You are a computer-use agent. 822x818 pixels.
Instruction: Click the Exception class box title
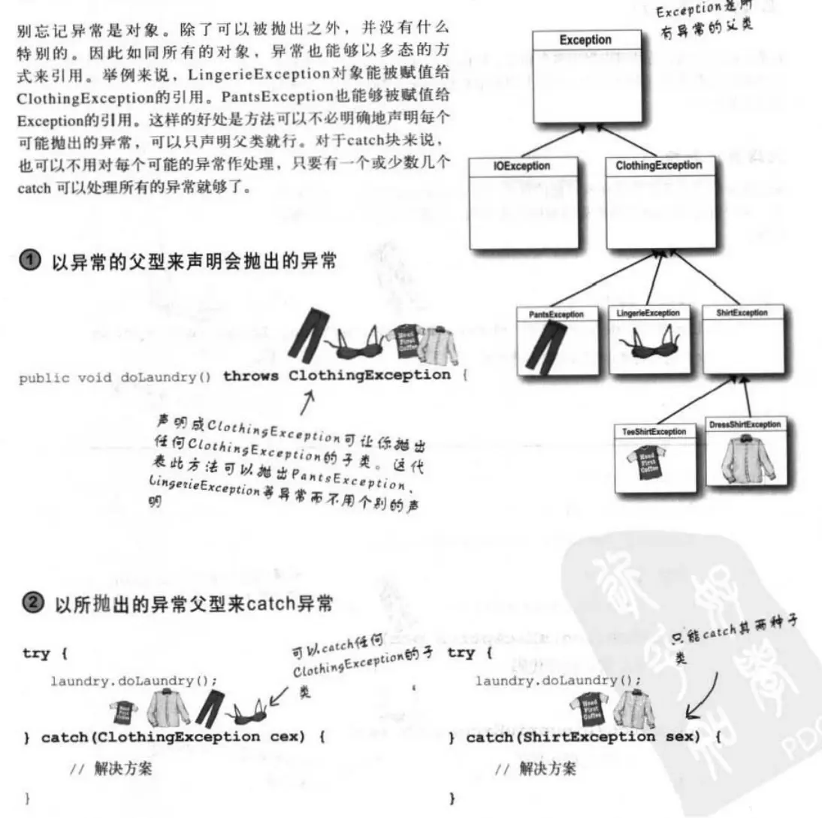585,40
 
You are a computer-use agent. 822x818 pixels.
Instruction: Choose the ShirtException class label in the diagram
738,312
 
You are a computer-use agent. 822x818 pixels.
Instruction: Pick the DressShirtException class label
745,425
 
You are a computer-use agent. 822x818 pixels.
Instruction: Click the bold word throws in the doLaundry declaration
252,375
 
